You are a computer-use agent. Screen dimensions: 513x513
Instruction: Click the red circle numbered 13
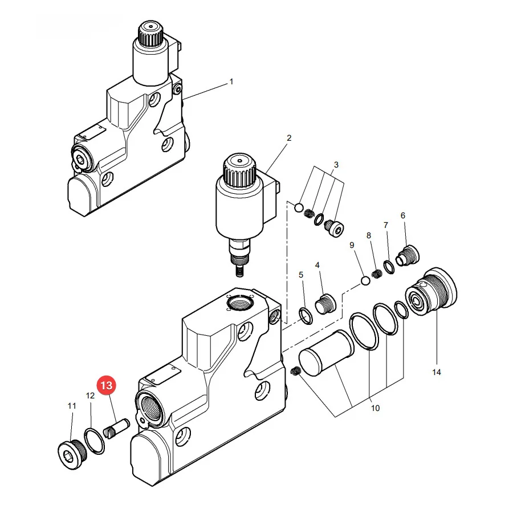[107, 385]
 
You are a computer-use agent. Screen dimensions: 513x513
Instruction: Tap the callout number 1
[231, 82]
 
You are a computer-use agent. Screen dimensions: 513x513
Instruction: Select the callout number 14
[437, 372]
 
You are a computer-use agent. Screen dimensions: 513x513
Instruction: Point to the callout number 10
[375, 408]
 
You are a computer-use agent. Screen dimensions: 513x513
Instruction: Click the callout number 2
[289, 138]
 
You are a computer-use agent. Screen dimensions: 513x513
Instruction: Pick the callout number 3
[336, 165]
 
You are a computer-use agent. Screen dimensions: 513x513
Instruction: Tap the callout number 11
[72, 406]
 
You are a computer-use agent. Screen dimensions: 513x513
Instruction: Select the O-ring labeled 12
[95, 441]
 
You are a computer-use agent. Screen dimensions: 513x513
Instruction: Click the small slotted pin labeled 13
[116, 429]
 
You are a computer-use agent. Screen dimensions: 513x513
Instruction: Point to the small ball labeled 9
[365, 280]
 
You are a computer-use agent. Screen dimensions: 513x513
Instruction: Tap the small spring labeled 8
[377, 274]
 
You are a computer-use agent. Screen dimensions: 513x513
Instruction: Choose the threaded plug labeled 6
[408, 256]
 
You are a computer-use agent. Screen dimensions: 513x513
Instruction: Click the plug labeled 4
[325, 304]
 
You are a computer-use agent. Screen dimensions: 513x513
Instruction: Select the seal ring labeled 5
[306, 316]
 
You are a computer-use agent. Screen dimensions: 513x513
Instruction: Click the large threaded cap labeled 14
[431, 292]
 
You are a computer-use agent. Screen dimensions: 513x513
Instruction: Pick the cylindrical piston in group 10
[327, 353]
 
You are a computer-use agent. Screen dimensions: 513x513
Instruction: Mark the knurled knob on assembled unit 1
[150, 34]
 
